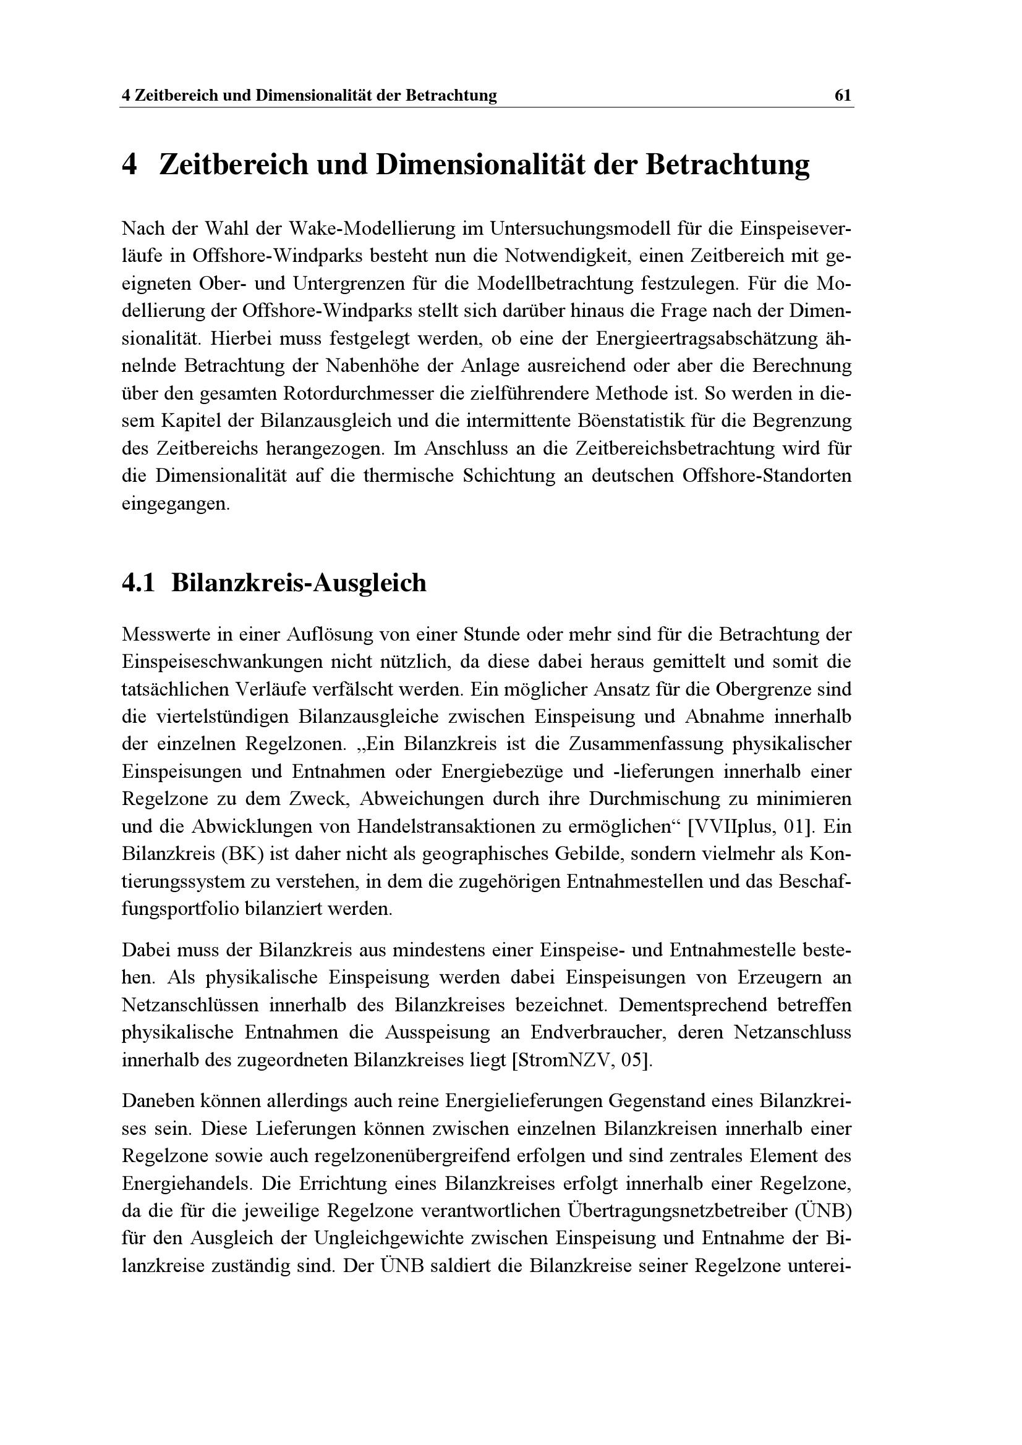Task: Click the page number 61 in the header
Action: (843, 96)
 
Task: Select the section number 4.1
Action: (138, 583)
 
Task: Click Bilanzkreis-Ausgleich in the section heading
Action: (299, 583)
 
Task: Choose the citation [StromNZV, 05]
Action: (582, 1061)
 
